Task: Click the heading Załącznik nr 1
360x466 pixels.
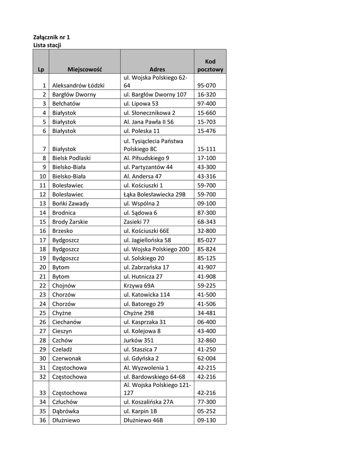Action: click(52, 37)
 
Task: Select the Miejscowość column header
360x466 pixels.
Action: click(85, 70)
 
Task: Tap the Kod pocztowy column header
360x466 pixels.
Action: click(210, 66)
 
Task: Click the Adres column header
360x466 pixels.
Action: click(157, 70)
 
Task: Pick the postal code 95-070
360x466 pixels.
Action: click(207, 86)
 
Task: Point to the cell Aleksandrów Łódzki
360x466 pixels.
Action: click(78, 86)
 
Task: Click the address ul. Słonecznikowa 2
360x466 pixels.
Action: click(149, 113)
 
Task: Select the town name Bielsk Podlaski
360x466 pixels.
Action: click(71, 158)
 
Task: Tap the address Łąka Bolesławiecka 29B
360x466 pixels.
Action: click(154, 195)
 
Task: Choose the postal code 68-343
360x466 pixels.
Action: click(207, 222)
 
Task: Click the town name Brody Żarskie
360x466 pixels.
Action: click(70, 222)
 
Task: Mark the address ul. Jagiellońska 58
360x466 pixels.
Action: click(147, 240)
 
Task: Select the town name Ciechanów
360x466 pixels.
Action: click(66, 322)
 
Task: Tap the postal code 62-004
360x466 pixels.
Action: click(207, 359)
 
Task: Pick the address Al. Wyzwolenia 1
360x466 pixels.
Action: click(146, 368)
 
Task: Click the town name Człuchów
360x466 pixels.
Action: click(65, 402)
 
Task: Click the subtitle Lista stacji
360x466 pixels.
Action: click(47, 46)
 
